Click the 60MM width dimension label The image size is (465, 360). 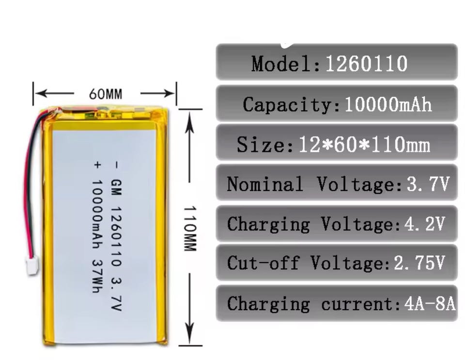[x=106, y=94]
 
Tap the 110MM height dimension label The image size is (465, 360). [x=189, y=228]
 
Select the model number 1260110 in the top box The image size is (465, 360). [x=366, y=63]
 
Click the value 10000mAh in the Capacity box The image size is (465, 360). [x=387, y=105]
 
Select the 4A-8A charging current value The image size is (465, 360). [x=430, y=304]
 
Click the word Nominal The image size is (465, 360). [x=265, y=184]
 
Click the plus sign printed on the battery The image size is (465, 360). [x=96, y=165]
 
